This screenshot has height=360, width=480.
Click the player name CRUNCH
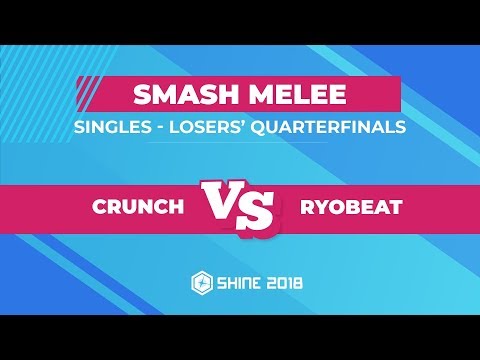138,207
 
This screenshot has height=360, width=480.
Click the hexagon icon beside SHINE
200,283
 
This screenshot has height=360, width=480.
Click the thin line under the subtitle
240,142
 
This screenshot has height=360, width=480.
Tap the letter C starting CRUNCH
100,207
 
